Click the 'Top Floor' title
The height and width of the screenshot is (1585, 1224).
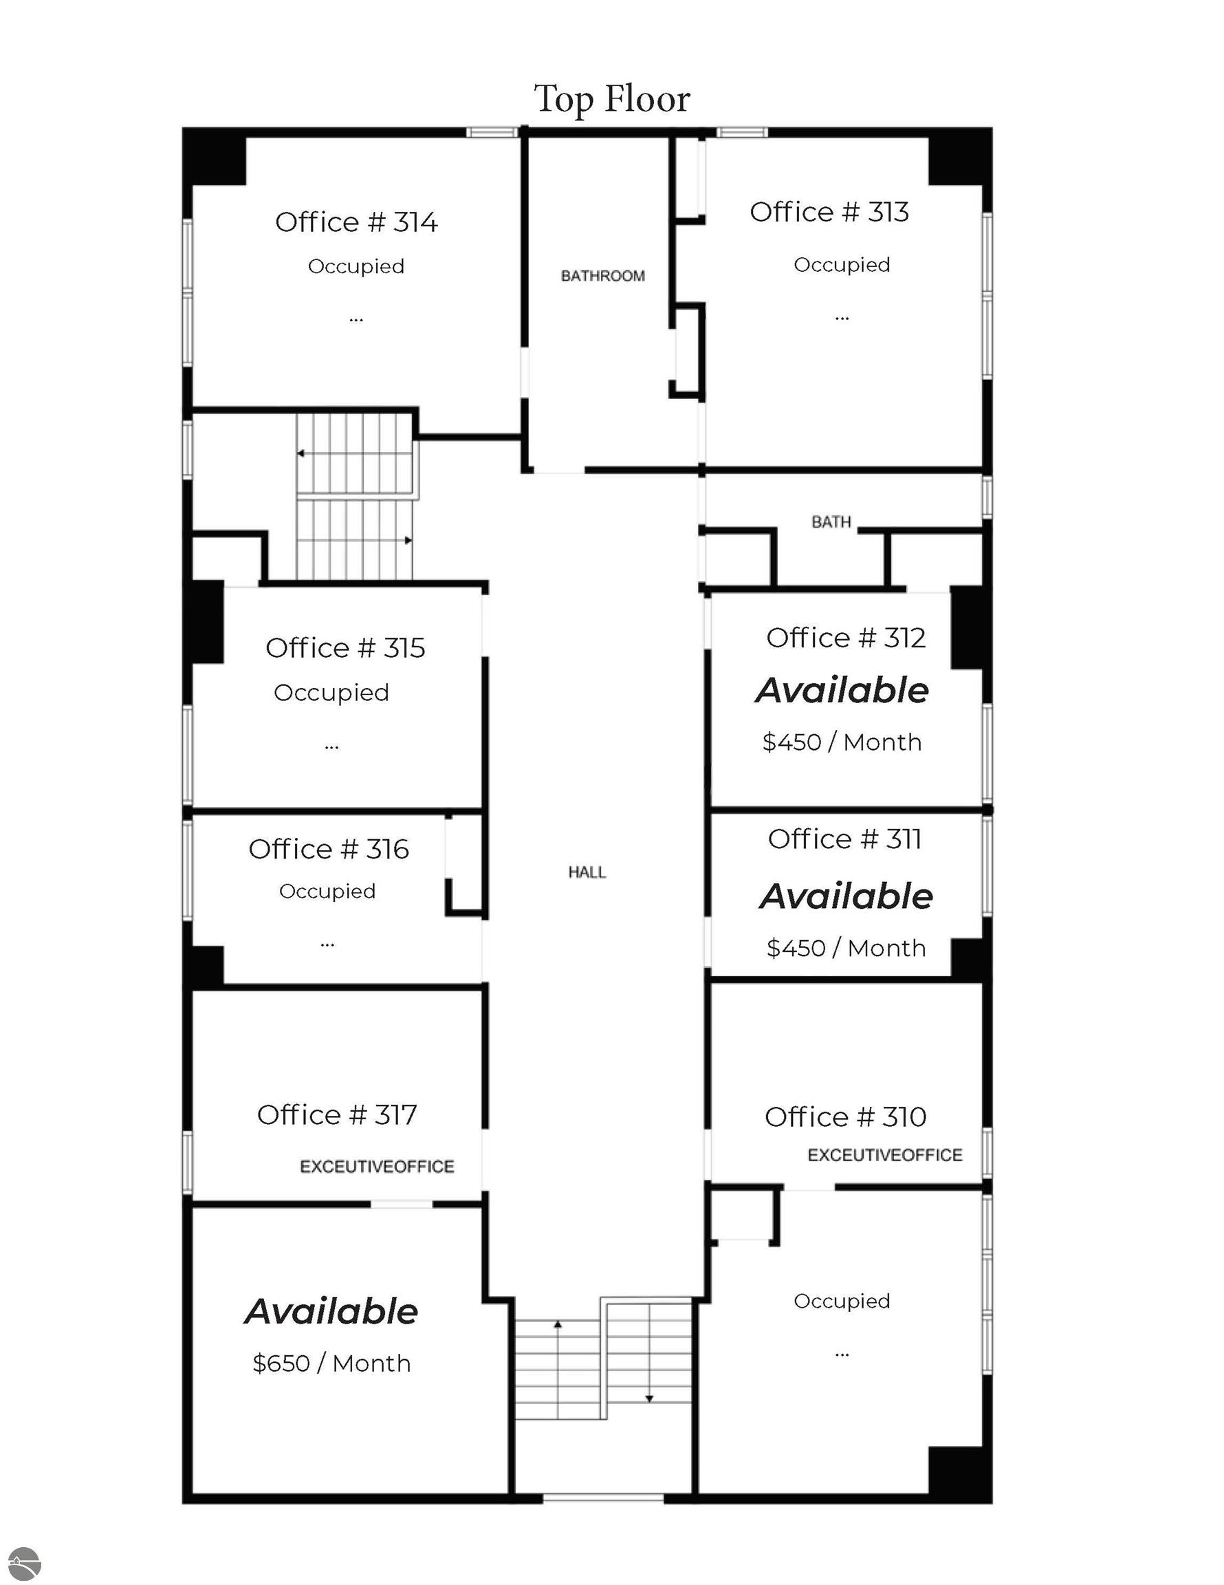[611, 100]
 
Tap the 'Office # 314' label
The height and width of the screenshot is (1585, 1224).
[356, 222]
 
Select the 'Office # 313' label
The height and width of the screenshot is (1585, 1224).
[829, 212]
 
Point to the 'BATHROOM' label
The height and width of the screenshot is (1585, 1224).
[602, 276]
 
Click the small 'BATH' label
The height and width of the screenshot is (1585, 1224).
[831, 522]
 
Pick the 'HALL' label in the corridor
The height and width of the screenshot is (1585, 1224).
[587, 872]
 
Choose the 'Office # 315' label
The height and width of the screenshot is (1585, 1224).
[345, 647]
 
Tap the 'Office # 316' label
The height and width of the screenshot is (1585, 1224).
[329, 848]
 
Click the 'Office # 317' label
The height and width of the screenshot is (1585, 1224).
[337, 1114]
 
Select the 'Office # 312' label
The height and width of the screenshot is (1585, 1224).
[846, 637]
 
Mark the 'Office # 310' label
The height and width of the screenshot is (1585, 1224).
[845, 1117]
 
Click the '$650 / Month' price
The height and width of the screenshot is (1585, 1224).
[331, 1363]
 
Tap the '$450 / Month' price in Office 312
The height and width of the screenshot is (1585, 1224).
[842, 742]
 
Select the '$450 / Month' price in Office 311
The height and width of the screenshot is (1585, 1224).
[846, 947]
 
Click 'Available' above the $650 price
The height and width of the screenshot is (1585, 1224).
[331, 1311]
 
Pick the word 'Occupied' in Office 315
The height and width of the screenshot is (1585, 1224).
[331, 692]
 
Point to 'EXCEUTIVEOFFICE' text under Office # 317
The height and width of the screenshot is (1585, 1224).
[378, 1166]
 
